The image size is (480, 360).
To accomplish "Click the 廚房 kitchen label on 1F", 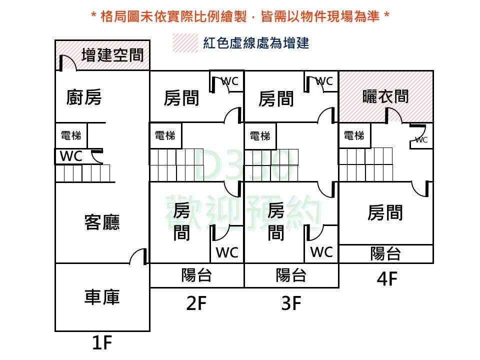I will click(84, 97).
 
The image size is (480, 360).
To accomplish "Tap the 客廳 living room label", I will click(102, 221).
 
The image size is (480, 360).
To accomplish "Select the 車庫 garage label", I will click(102, 297).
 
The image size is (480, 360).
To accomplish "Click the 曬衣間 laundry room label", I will click(385, 96).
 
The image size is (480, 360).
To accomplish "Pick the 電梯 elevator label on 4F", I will click(354, 135).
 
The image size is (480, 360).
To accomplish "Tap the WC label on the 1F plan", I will click(71, 156).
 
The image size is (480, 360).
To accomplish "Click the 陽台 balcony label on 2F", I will click(196, 275).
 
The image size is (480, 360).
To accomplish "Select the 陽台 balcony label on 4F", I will click(385, 253).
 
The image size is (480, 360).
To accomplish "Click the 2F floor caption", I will click(196, 303).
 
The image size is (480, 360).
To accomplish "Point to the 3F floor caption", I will click(291, 303).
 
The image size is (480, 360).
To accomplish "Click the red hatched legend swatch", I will click(185, 43).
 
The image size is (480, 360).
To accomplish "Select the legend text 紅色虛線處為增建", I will click(256, 43).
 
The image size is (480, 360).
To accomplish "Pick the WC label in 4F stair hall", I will click(421, 140).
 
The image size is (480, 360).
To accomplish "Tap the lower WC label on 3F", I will click(321, 252).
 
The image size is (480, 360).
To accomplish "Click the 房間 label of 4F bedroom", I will click(385, 213).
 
